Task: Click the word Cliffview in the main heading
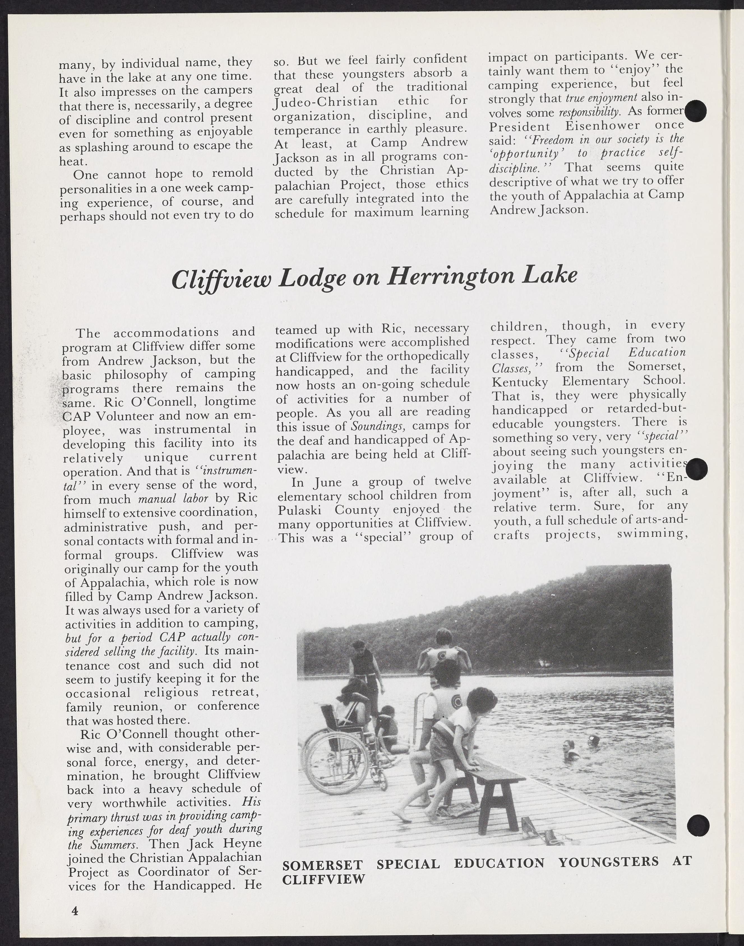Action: point(221,279)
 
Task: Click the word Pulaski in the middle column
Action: point(301,509)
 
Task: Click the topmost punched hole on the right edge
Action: point(696,111)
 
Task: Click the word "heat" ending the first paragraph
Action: point(72,161)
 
